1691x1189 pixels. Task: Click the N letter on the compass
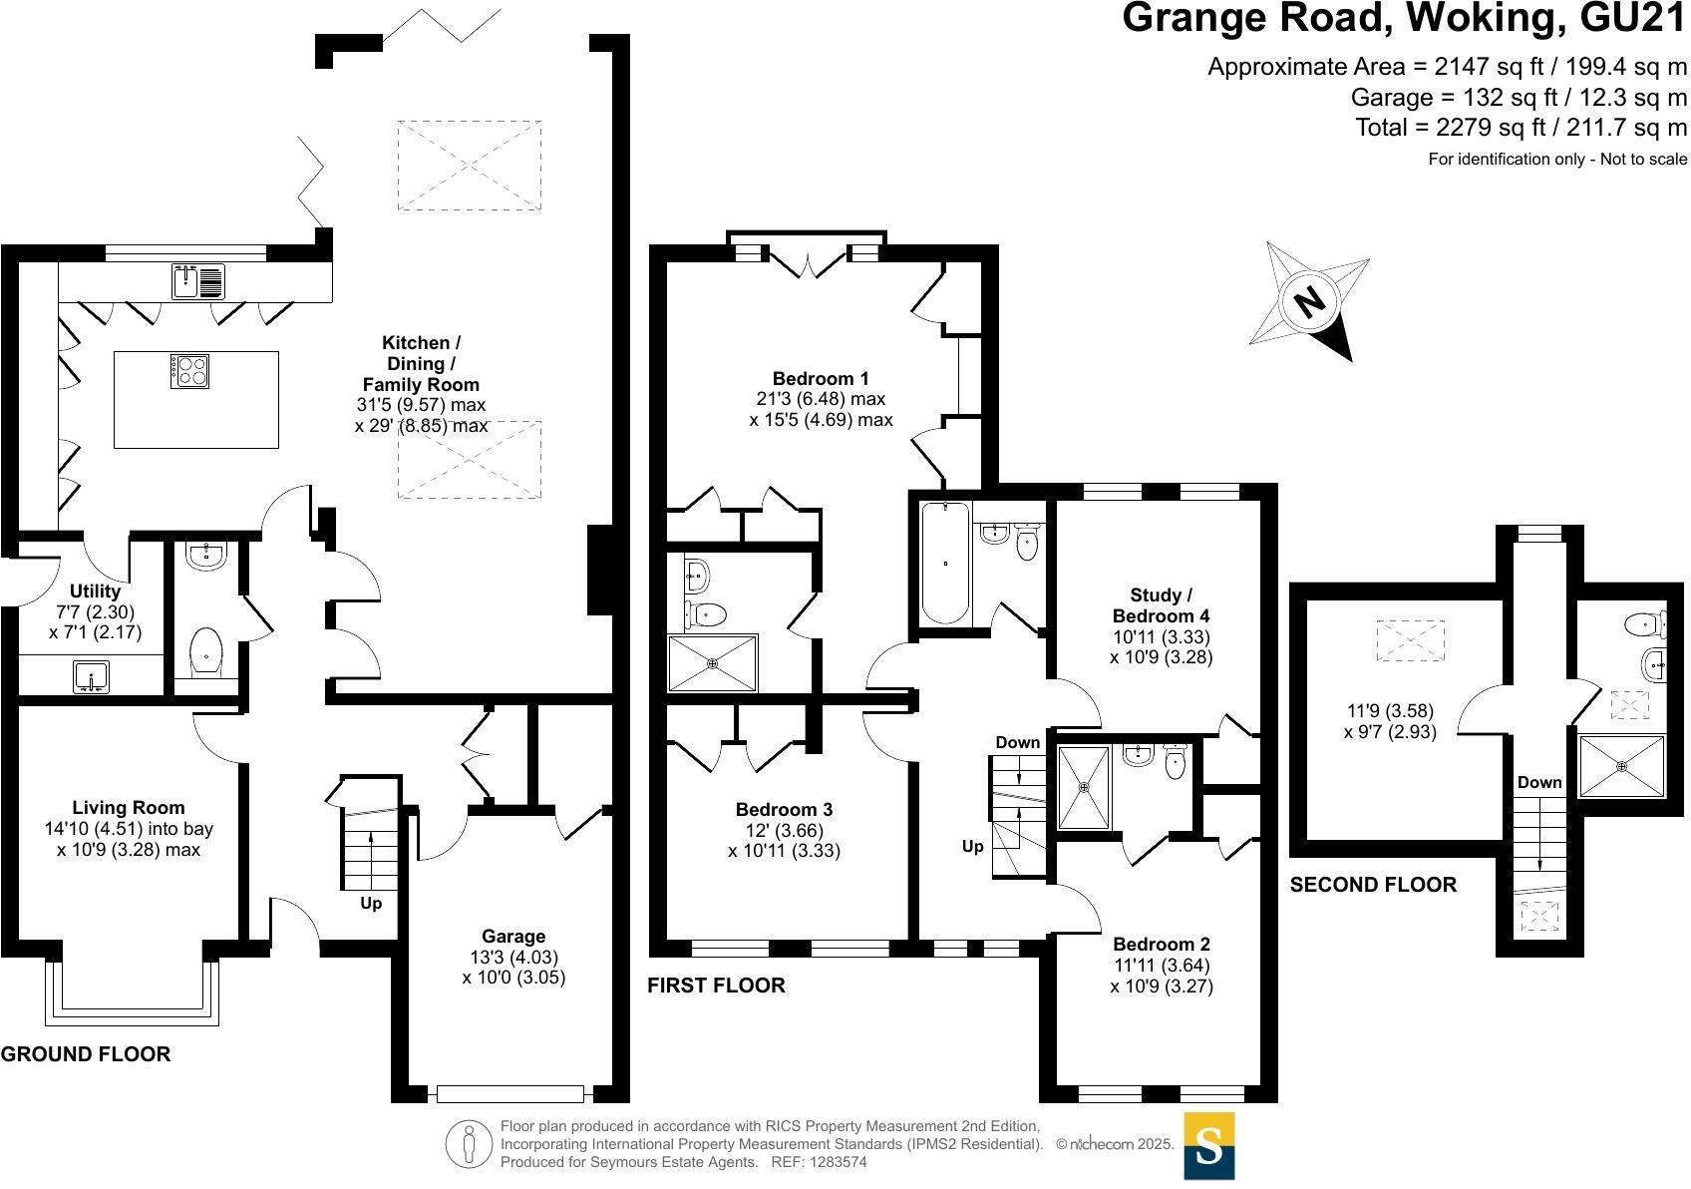coord(1310,302)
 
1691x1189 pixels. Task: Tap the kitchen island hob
coord(189,371)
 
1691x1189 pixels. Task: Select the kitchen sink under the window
coord(198,281)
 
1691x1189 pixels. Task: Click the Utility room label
coord(95,591)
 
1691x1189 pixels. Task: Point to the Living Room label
coord(129,808)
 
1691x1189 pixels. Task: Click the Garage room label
coord(513,937)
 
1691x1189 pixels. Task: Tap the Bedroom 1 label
coord(821,378)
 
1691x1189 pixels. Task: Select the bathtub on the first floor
coord(945,563)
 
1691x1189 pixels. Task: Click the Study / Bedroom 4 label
coord(1161,605)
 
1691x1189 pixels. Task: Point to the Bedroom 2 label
coord(1161,945)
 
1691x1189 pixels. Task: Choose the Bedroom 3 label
coord(784,810)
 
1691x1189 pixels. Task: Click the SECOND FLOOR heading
coord(1373,885)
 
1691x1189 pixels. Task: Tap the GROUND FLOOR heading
coord(86,1053)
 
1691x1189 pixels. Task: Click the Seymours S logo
coord(1208,1146)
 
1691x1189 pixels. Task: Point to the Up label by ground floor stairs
coord(371,904)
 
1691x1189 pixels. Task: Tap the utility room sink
coord(92,677)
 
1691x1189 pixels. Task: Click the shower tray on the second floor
coord(1621,766)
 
